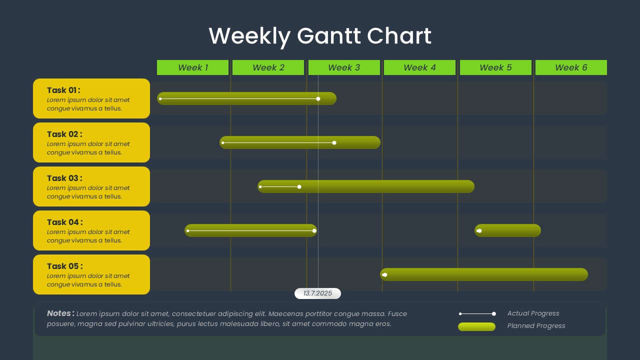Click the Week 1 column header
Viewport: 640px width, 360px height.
click(192, 67)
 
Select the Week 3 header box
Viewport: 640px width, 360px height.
click(344, 67)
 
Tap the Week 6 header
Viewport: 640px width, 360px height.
click(571, 67)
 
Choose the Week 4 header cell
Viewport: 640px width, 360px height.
click(419, 67)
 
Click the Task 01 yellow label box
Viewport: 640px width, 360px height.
click(91, 98)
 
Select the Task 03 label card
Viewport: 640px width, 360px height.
click(91, 186)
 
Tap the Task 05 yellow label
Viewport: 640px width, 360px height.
click(91, 274)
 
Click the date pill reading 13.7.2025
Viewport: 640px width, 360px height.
click(317, 293)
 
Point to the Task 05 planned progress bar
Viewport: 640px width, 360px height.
click(484, 274)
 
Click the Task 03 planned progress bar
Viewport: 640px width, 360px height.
click(366, 186)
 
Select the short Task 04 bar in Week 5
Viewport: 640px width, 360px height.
click(507, 230)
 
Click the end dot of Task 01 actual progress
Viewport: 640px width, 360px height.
click(318, 99)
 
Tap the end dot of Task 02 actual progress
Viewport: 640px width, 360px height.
click(334, 143)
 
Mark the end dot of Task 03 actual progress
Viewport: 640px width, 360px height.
click(299, 187)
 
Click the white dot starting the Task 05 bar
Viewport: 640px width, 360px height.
click(385, 275)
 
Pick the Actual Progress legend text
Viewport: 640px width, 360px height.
click(533, 313)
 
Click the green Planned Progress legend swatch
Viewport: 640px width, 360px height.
click(476, 326)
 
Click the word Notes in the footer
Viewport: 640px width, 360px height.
click(58, 313)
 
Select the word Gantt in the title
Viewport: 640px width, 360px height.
click(329, 36)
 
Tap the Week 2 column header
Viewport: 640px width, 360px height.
click(268, 67)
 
